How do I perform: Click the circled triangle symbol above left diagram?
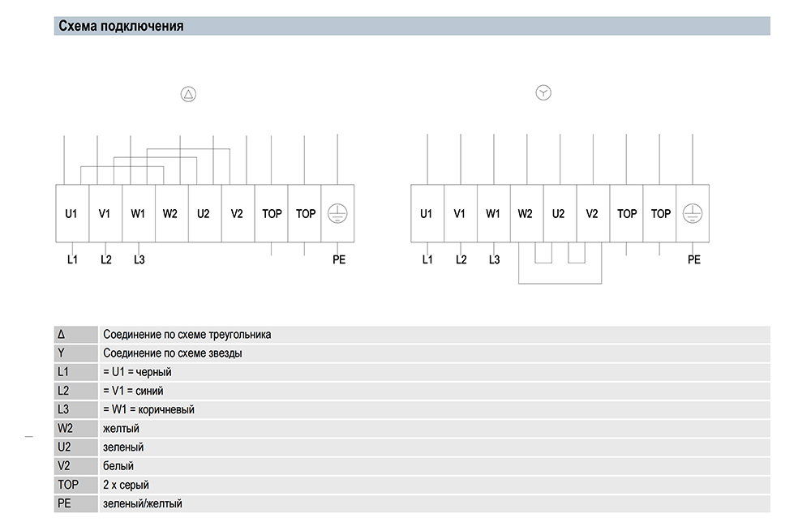coord(188,94)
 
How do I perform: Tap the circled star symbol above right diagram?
coord(543,93)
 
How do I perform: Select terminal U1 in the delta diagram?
coord(71,214)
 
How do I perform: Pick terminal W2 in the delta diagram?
coord(169,214)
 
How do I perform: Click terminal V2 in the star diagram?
coord(591,214)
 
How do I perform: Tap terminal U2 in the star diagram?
coord(558,214)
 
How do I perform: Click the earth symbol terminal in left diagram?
coord(337,213)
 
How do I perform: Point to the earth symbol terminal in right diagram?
coord(692,213)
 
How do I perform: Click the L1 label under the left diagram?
coord(72,259)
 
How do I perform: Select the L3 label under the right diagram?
coord(495,259)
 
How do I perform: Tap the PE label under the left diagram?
coord(338,259)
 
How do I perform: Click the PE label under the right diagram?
coord(693,259)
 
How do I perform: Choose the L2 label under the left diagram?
coord(106,259)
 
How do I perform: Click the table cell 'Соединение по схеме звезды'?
coord(173,353)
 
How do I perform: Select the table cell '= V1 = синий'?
coord(134,391)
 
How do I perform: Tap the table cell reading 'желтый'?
coord(121,428)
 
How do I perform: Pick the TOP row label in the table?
coord(68,485)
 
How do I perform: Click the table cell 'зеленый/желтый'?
coord(143,503)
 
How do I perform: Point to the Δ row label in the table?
coord(62,334)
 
